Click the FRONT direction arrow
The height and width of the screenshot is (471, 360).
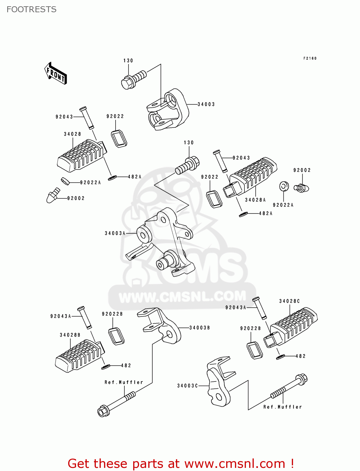point(56,73)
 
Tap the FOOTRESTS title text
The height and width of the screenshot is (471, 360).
point(31,9)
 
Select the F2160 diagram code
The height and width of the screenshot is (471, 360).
point(310,58)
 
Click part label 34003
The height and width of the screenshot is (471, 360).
point(206,104)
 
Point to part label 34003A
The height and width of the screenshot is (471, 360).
point(115,233)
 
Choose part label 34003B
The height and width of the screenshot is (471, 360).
point(199,328)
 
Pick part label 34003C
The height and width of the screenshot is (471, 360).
point(188,386)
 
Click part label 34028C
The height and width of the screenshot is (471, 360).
point(289,301)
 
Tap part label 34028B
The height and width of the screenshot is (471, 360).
point(70,335)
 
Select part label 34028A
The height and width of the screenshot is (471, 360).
point(255,200)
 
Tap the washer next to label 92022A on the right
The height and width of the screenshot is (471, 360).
point(283,186)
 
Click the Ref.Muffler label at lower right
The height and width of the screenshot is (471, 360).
point(282,407)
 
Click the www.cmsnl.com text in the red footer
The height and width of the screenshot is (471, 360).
point(235,464)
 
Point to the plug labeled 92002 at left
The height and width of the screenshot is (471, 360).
point(53,196)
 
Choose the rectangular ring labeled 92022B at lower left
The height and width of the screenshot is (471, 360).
point(116,336)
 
